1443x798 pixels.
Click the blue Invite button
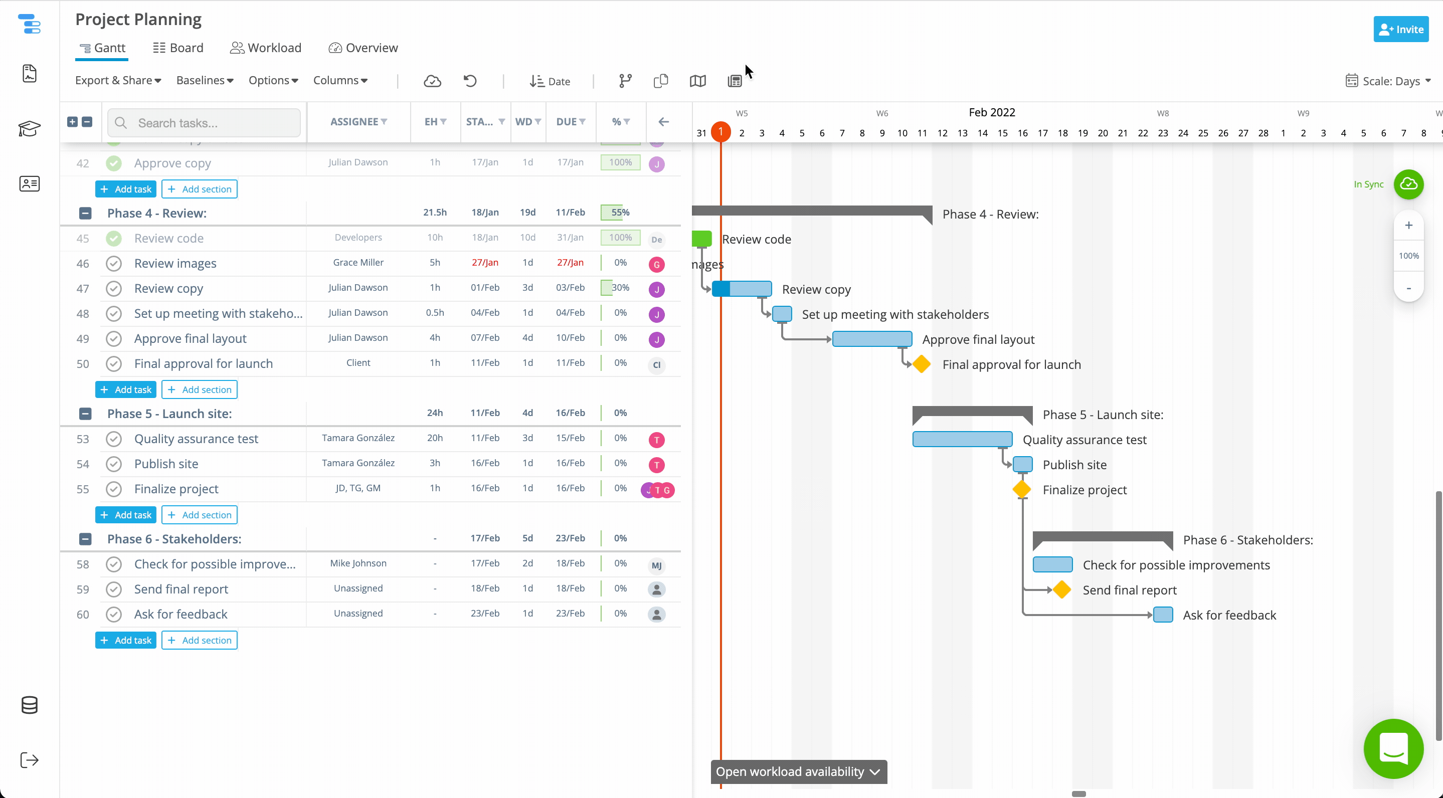1400,29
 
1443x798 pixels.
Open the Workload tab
266,48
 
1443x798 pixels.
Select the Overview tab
364,48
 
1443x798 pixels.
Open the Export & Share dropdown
118,81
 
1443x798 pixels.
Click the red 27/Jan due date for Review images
570,263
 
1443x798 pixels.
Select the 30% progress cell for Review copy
620,288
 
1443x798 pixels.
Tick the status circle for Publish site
114,464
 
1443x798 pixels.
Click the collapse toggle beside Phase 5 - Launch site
85,414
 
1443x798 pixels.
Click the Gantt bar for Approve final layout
871,339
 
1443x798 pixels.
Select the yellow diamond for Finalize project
1022,489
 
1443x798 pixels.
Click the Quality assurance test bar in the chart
962,439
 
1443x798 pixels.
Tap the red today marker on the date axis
721,132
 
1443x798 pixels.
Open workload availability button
798,771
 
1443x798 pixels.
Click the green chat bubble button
1393,749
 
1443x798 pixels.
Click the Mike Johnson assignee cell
358,563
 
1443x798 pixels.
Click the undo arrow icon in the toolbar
470,81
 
